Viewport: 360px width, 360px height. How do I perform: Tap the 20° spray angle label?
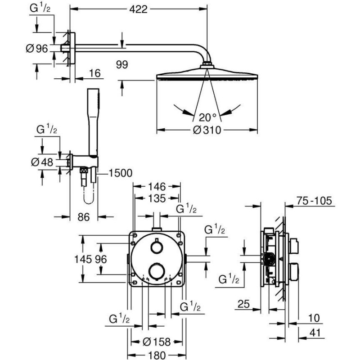click(208, 117)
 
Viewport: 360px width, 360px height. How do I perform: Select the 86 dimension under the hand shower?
click(83, 217)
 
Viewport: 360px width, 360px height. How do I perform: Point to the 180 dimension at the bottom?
click(155, 355)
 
